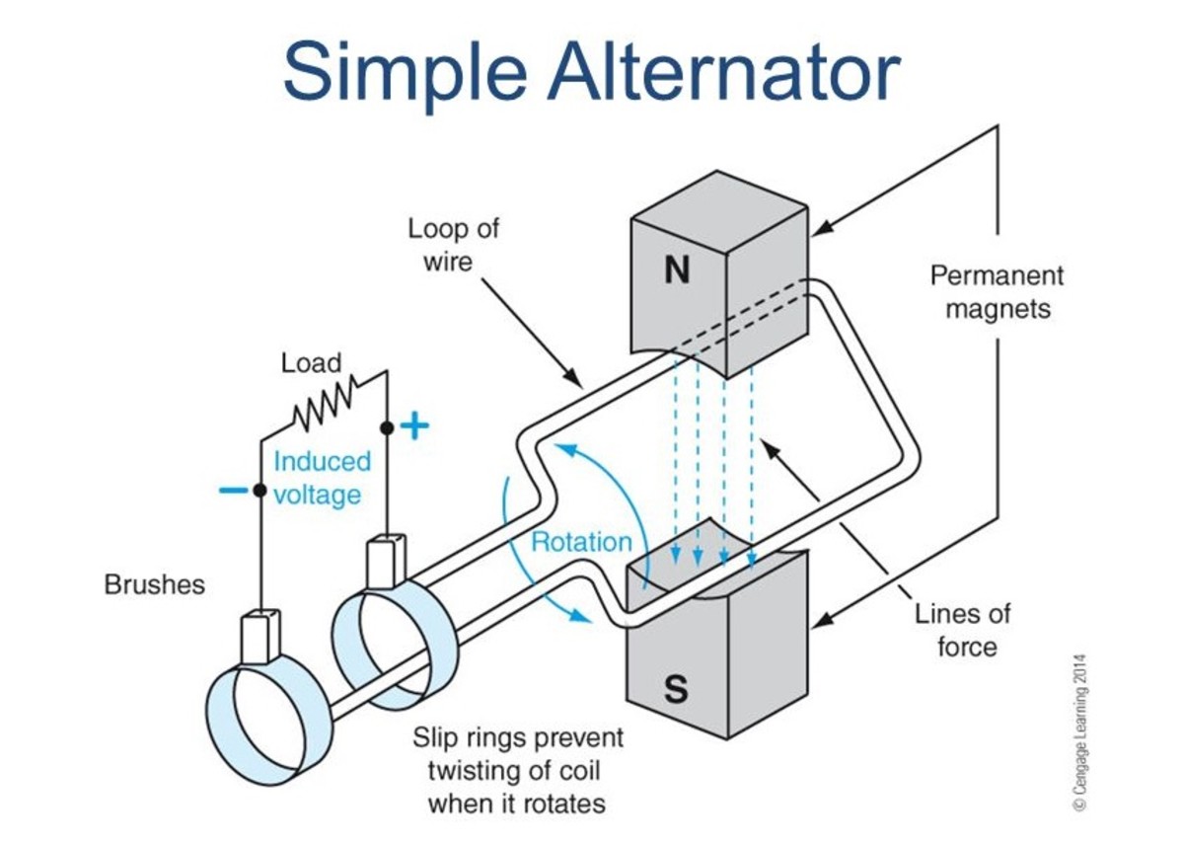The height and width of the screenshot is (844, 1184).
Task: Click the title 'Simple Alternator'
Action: point(591,71)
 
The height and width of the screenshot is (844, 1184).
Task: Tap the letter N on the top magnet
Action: point(676,270)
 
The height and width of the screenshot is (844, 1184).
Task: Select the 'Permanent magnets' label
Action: point(998,291)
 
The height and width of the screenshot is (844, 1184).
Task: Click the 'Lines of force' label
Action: point(962,630)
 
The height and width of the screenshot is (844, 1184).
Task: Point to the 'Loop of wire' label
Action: point(454,244)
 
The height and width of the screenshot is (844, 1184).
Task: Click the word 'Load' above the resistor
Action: point(311,362)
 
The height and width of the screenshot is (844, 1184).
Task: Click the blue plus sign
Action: point(416,426)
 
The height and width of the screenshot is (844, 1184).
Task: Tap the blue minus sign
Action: point(233,490)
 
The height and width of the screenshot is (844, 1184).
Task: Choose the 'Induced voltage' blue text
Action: point(322,477)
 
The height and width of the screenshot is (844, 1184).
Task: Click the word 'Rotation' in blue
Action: point(581,541)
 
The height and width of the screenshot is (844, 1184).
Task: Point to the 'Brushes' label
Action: point(155,584)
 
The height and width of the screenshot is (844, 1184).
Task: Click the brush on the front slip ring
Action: point(260,637)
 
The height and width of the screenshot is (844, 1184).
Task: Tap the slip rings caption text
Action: point(517,770)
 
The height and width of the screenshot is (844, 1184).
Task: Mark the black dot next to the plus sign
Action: point(387,427)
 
